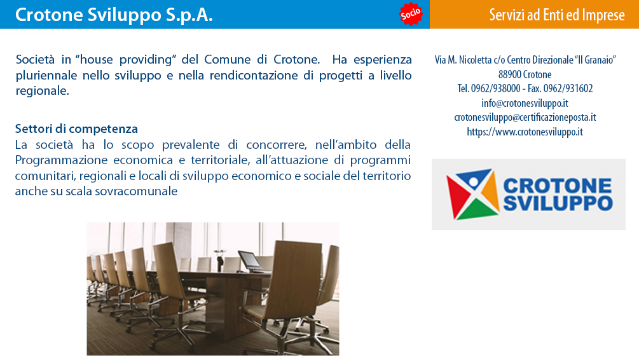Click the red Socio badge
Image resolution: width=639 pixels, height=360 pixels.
click(x=410, y=14)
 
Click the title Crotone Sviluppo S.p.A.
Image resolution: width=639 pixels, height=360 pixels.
click(x=114, y=15)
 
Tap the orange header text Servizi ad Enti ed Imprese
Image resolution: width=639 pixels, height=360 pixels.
click(x=557, y=15)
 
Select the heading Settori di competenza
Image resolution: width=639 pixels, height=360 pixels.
click(x=76, y=129)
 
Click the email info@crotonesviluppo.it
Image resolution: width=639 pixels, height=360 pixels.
click(x=525, y=103)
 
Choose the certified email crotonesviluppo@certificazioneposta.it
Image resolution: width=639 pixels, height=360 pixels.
click(x=525, y=118)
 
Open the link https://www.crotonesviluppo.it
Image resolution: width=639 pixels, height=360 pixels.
click(x=525, y=132)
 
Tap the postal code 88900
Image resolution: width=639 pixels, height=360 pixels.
click(x=509, y=74)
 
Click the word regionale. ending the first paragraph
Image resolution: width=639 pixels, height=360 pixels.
click(x=43, y=91)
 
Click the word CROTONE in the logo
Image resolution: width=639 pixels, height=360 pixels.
click(x=557, y=186)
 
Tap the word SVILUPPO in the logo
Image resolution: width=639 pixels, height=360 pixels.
click(x=558, y=203)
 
